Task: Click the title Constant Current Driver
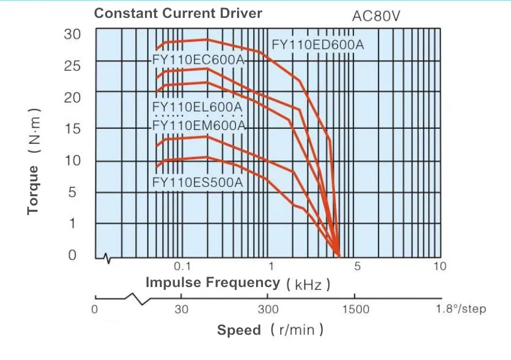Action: point(178,13)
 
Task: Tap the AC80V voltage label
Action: point(376,17)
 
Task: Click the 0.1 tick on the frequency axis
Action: point(182,266)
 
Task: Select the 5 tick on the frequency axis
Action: point(357,266)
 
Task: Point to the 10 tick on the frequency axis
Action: point(440,266)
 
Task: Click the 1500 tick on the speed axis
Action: point(356,309)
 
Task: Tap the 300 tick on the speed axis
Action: point(268,309)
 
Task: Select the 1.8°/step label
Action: point(461,309)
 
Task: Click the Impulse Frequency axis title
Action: point(213,282)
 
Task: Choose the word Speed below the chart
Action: point(238,330)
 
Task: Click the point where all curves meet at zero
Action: point(339,256)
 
